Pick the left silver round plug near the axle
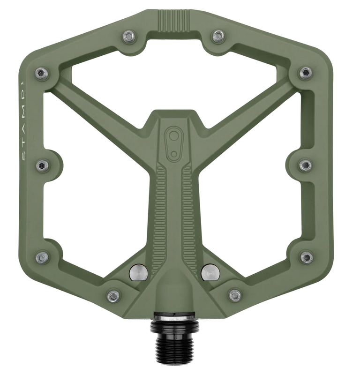pyautogui.click(x=138, y=272)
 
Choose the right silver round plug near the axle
pyautogui.click(x=210, y=272)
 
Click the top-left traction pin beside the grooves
pyautogui.click(x=130, y=36)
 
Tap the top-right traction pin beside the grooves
pyautogui.click(x=218, y=36)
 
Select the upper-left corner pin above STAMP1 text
pyautogui.click(x=42, y=73)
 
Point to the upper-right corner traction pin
pyautogui.click(x=306, y=73)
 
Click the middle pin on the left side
pyautogui.click(x=42, y=165)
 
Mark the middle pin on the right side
pyautogui.click(x=305, y=165)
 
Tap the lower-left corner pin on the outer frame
pyautogui.click(x=42, y=257)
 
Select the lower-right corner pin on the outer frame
pyautogui.click(x=306, y=257)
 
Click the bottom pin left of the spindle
pyautogui.click(x=113, y=296)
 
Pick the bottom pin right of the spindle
pyautogui.click(x=235, y=296)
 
